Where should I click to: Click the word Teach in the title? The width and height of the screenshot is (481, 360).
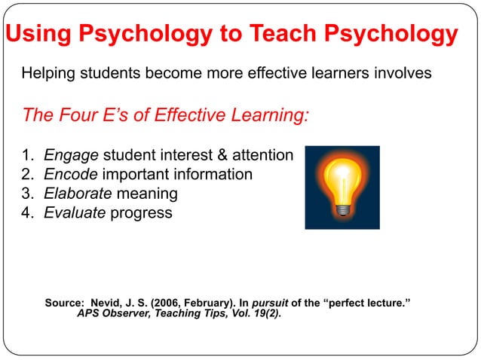click(x=289, y=35)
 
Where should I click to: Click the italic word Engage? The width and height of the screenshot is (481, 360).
click(x=72, y=156)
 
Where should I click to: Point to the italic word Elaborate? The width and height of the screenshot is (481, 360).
click(x=78, y=194)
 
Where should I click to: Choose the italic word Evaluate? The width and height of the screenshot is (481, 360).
click(x=75, y=212)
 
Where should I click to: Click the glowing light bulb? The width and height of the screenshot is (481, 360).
click(x=342, y=182)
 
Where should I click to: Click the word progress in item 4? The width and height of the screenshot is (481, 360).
click(x=141, y=213)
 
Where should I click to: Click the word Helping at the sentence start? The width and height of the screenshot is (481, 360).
click(x=49, y=75)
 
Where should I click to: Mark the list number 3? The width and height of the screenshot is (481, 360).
click(x=28, y=194)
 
